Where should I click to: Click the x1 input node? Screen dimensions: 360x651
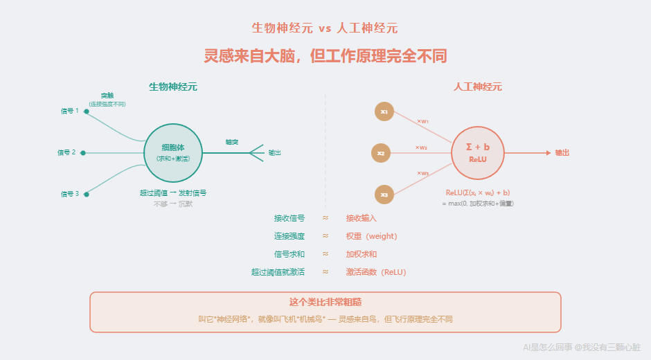click(x=384, y=111)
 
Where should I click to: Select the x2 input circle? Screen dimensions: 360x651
click(x=381, y=153)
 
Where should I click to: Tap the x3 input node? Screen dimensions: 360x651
click(x=384, y=195)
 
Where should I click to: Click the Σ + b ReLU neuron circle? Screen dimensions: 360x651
click(x=478, y=152)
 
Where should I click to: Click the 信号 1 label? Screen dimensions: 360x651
click(x=69, y=111)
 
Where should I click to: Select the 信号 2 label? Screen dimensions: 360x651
click(x=66, y=152)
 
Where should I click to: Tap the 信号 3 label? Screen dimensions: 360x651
click(x=69, y=194)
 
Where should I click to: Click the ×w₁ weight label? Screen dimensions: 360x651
click(x=422, y=121)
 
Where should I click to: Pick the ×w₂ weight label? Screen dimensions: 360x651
click(x=421, y=147)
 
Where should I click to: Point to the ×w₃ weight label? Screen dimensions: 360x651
click(x=422, y=173)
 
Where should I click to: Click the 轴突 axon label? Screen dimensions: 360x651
click(x=231, y=142)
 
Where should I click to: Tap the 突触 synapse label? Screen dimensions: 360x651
click(x=107, y=96)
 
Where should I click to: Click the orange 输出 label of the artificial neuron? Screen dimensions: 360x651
click(x=562, y=153)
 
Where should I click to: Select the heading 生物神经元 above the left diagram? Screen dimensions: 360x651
click(x=173, y=87)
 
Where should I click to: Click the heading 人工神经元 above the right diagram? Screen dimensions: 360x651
click(x=478, y=87)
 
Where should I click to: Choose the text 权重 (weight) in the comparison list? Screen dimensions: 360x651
click(x=371, y=236)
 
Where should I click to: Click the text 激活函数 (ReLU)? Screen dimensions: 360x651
click(x=376, y=272)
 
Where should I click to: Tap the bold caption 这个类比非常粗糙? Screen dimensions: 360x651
click(x=325, y=303)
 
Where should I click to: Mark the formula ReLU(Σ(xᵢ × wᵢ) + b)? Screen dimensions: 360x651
click(x=478, y=192)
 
